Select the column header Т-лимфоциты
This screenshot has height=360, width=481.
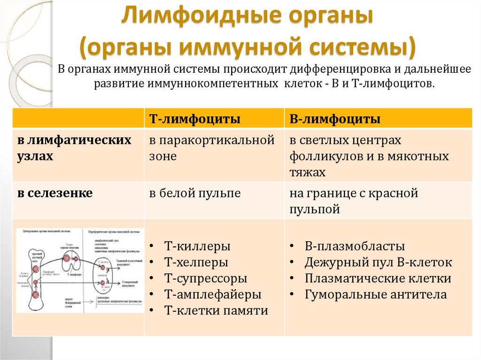point(195,119)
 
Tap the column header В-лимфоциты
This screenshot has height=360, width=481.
point(335,119)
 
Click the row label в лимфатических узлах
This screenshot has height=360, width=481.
point(74,148)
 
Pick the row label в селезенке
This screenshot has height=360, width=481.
point(55,193)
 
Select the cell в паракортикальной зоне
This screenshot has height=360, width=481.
point(212,148)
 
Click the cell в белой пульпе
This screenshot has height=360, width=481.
point(195,193)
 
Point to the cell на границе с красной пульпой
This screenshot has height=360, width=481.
point(353,200)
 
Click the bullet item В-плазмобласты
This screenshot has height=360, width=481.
point(354,246)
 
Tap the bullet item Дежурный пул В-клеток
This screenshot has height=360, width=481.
point(378,262)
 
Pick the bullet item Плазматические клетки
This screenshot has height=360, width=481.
point(378,278)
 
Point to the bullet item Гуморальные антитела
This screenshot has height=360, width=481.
point(375,294)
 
